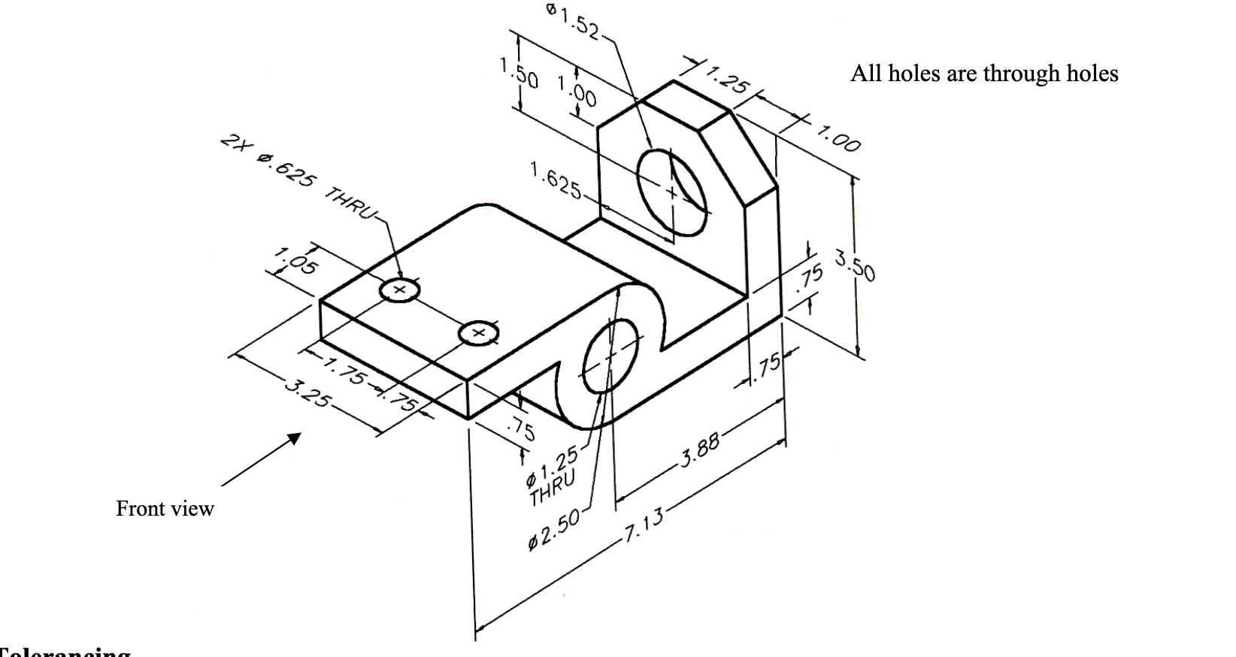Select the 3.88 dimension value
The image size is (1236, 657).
tap(700, 449)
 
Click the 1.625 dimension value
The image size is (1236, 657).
tap(554, 181)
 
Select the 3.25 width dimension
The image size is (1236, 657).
tap(307, 393)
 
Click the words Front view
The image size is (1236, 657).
tap(165, 509)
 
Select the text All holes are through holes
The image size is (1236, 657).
tap(983, 74)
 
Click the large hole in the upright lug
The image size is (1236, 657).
tap(672, 192)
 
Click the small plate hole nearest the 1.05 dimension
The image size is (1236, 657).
tap(399, 289)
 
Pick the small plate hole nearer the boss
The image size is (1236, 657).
tap(478, 332)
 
